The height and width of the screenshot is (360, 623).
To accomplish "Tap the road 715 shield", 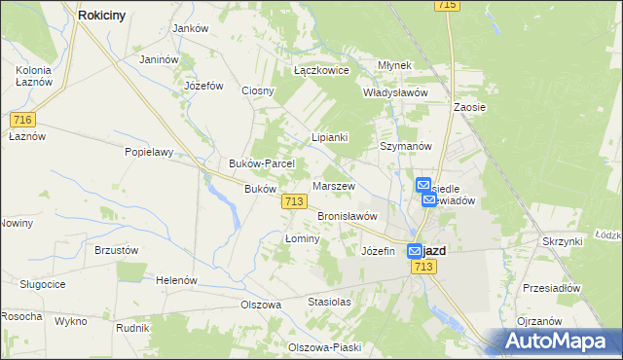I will [x=447, y=6].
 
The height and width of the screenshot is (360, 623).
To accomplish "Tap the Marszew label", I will [x=334, y=186].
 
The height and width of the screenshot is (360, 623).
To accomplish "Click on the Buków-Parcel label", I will [x=254, y=163].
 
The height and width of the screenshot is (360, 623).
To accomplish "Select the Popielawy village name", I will [x=148, y=152].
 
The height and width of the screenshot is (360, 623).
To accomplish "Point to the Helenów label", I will [x=176, y=280].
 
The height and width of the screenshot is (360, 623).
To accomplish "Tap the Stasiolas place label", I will [x=329, y=302].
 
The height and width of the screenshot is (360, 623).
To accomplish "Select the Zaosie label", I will [x=470, y=107].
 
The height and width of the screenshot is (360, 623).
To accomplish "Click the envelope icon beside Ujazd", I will [x=415, y=250].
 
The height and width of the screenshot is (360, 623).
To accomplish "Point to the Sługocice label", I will [x=42, y=283].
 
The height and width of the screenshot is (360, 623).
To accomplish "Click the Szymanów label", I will [x=405, y=145].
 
